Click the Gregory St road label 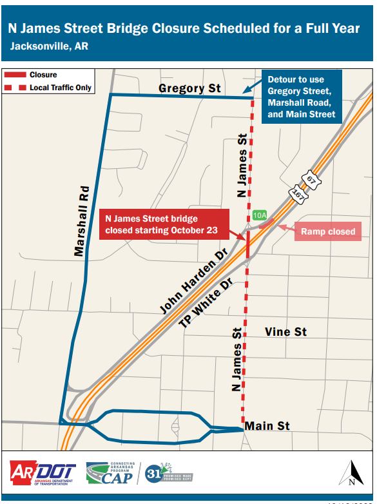[190, 88]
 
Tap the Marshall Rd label [80, 222]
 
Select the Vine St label [285, 332]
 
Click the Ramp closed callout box [327, 231]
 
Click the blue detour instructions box [301, 97]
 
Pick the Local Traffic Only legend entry [49, 88]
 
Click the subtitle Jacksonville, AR [49, 46]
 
